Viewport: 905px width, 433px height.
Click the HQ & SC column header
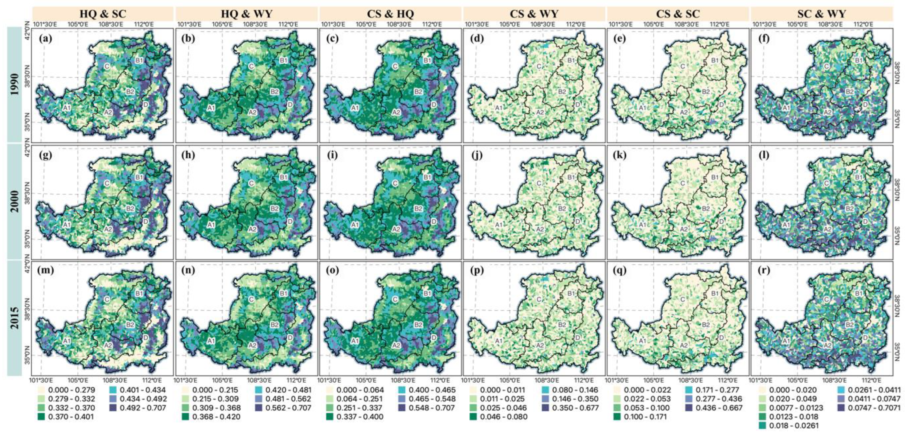[x=103, y=14]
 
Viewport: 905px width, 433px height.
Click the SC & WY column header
[x=822, y=14]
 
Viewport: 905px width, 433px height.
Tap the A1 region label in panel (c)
[x=355, y=108]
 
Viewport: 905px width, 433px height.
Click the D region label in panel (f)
[x=865, y=105]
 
